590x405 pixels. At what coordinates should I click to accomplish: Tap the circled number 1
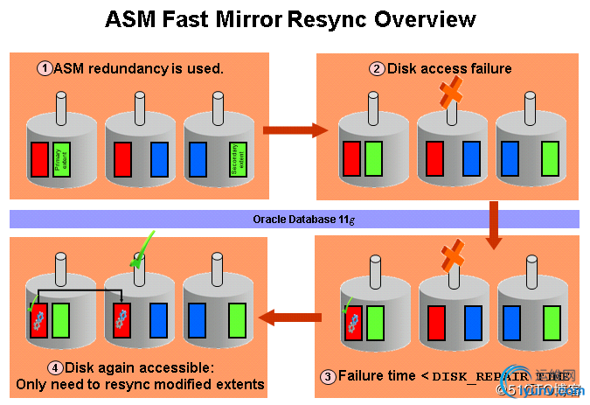pos(43,67)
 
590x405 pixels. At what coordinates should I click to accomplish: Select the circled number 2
pos(377,68)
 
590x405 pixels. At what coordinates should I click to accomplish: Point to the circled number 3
pos(328,377)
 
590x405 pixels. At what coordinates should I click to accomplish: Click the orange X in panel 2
pos(451,91)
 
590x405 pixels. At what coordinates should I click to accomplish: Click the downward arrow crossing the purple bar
pos(493,219)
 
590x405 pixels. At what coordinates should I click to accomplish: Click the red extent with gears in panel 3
pos(352,323)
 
